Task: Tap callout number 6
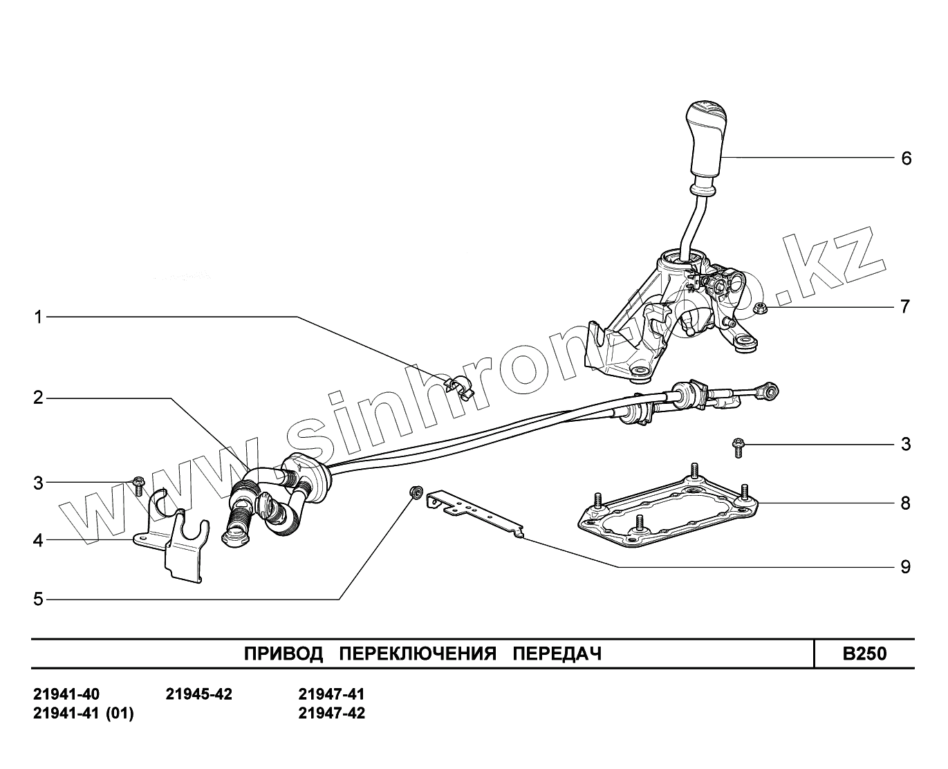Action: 906,158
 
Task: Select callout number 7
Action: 905,306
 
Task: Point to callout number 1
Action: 39,317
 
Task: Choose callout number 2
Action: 39,398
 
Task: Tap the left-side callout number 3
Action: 39,483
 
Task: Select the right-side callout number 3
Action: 906,444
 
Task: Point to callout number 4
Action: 39,540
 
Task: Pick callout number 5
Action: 39,599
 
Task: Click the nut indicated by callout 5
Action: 416,492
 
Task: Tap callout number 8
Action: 906,503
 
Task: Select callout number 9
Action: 906,568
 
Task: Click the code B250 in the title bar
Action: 864,654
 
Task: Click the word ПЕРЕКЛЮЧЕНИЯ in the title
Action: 419,654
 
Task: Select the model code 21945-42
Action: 199,694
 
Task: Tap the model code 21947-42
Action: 332,713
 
